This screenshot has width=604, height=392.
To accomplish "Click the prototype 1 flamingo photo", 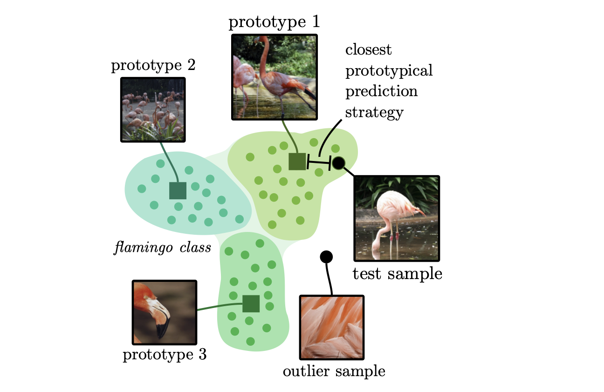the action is (275, 77).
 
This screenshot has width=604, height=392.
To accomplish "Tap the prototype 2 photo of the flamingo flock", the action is (153, 110).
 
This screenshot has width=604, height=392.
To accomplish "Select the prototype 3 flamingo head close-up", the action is (165, 312).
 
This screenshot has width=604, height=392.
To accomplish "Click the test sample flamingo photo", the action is (397, 218).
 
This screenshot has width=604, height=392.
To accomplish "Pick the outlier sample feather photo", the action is (332, 328).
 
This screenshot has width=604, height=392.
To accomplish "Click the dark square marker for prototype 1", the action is (297, 161).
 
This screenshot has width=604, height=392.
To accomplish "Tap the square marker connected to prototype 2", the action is (178, 190).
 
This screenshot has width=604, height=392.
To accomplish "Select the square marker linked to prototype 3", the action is (251, 303).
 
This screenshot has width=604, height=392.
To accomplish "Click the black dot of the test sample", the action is (339, 163).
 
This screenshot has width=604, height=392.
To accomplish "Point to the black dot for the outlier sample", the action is (326, 257).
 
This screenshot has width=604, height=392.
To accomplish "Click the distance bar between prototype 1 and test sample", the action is (319, 162).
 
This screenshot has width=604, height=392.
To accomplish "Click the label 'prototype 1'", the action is (274, 22).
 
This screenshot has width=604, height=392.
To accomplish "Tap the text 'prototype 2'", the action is (153, 66).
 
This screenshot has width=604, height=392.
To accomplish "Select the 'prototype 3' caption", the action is (165, 355).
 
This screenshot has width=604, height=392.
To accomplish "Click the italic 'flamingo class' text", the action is (163, 247).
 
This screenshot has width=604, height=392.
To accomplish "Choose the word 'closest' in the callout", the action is (368, 50).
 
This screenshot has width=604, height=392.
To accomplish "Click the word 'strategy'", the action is (374, 112).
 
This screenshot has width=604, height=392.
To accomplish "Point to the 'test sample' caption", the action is (398, 274).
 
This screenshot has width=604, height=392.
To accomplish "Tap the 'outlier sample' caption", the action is (334, 371).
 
